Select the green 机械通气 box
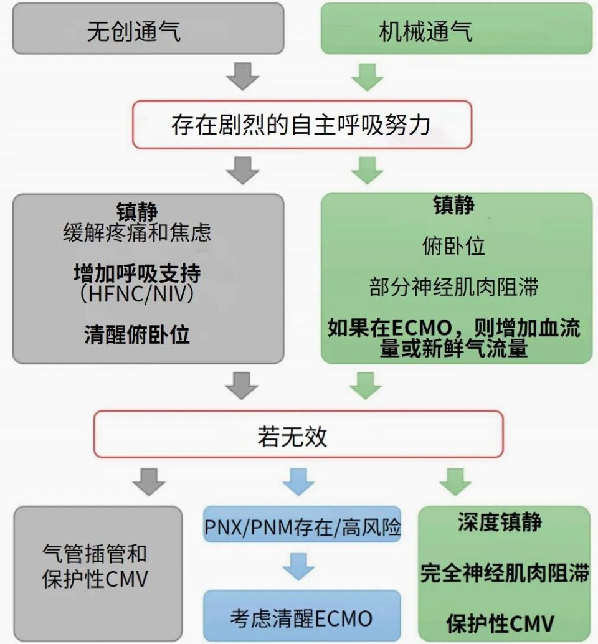(x=455, y=29)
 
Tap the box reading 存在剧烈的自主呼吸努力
(x=301, y=125)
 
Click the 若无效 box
(x=298, y=434)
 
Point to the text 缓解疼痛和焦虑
(x=138, y=233)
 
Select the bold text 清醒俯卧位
(x=138, y=335)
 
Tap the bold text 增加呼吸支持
(x=138, y=274)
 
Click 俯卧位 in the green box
(x=453, y=247)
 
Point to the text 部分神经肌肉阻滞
(x=453, y=287)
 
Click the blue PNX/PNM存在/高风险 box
(x=302, y=528)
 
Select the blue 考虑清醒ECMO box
(x=302, y=617)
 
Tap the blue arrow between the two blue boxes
(x=299, y=566)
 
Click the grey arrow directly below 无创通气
(x=242, y=75)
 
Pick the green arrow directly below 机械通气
(x=367, y=75)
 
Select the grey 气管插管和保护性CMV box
(x=97, y=567)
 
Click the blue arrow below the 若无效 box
(x=299, y=481)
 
